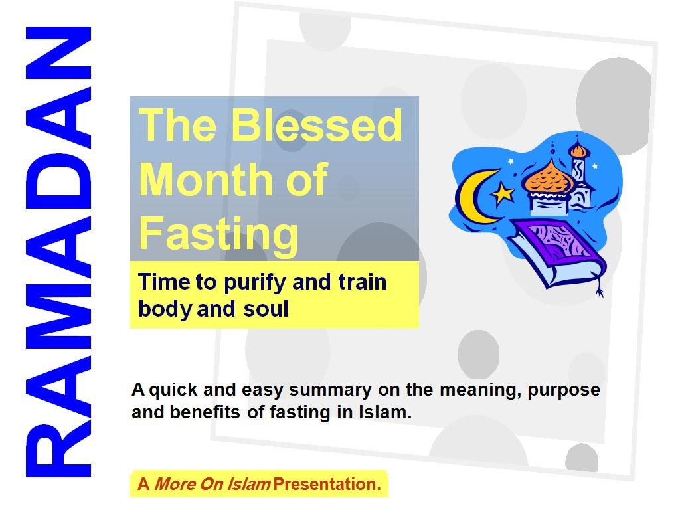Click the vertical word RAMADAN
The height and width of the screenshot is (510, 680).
58,252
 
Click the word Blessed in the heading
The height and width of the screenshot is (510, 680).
317,125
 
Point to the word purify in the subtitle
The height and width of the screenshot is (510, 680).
255,283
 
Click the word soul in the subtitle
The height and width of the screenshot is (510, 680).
266,309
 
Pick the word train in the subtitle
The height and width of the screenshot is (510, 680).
362,282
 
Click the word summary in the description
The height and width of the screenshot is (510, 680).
330,390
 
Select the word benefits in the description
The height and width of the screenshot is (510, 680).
205,412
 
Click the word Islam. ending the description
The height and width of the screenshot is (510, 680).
385,412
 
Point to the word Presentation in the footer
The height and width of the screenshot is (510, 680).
327,484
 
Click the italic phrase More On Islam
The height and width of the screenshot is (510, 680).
212,484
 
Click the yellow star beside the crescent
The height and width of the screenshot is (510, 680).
503,193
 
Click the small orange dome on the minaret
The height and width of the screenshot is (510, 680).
578,150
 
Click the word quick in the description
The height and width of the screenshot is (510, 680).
173,390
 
